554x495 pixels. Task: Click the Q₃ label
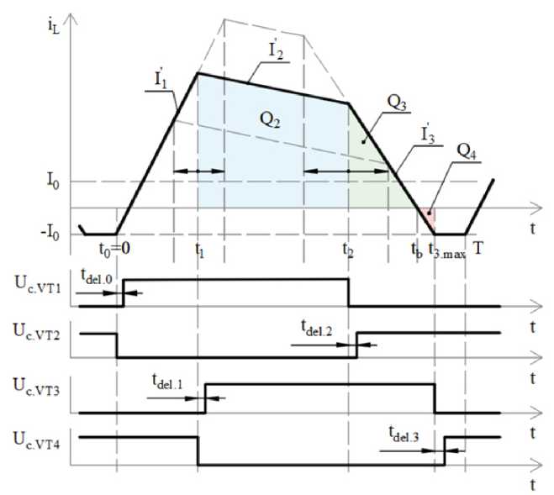397,103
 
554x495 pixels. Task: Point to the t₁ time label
199,249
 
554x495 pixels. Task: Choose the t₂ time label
348,249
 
